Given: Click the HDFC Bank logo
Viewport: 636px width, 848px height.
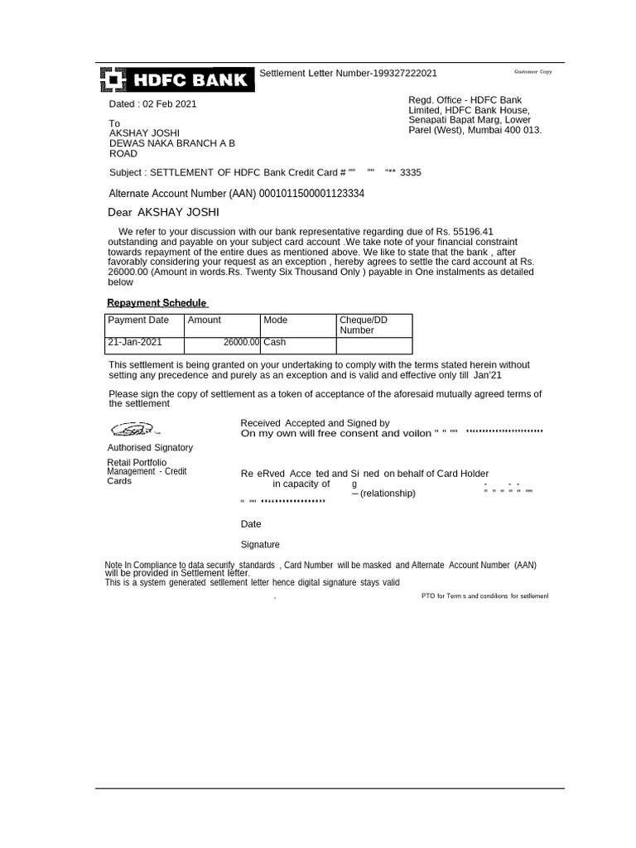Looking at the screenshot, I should point(175,79).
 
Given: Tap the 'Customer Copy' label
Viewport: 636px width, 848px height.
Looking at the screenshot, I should point(533,72).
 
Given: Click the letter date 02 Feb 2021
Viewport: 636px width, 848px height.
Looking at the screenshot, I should point(170,104).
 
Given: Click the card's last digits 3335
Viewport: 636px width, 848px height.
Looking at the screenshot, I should point(410,172).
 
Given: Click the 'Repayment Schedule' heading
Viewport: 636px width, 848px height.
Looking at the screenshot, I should point(157,303).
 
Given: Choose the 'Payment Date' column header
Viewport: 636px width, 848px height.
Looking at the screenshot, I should point(138,320).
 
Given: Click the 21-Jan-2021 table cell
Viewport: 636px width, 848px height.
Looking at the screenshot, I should point(135,341).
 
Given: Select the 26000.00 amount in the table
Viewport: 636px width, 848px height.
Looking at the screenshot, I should point(241,341).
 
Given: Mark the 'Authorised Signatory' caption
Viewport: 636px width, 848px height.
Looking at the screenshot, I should point(151,447).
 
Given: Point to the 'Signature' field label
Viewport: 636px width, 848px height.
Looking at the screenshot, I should point(260,544).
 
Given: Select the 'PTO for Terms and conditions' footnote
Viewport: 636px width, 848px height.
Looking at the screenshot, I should point(484,595).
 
